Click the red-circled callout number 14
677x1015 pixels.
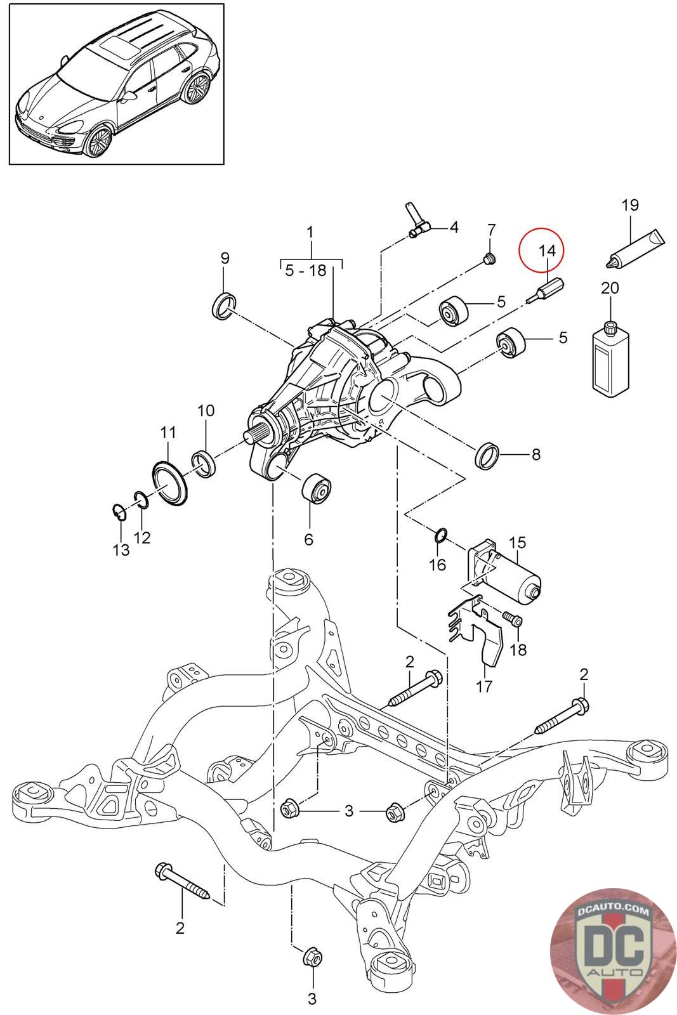click(547, 250)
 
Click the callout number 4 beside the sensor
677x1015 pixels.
click(453, 227)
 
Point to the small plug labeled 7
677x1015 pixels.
click(490, 259)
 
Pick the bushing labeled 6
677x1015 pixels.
click(317, 488)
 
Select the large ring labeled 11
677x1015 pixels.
click(169, 483)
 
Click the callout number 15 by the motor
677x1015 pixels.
click(518, 542)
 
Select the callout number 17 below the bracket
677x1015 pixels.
click(484, 686)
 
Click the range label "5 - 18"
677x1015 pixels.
click(306, 270)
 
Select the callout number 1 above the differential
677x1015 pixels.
click(310, 232)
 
